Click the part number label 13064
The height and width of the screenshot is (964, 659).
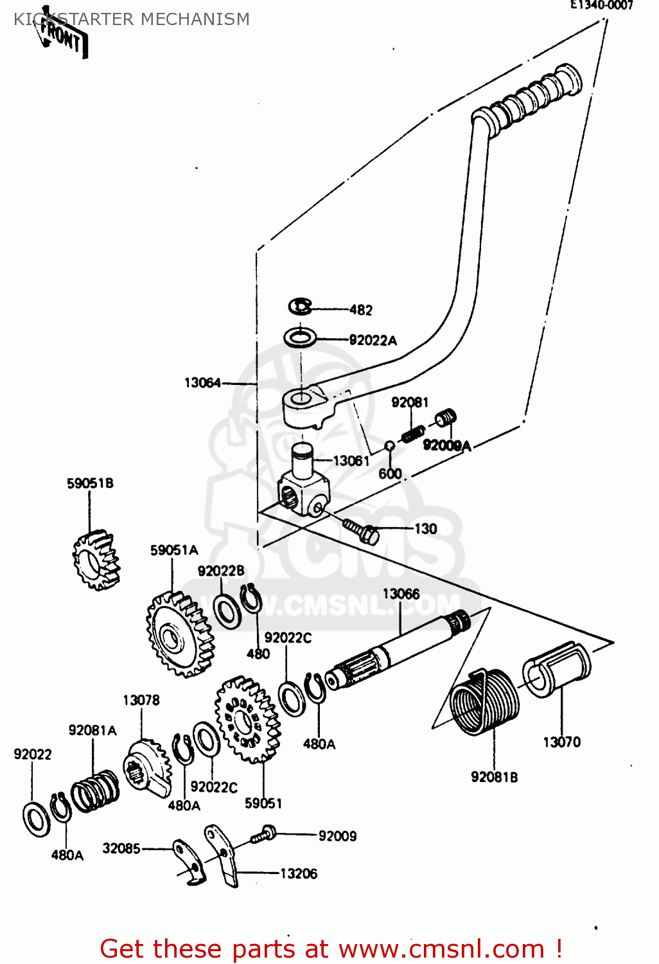pos(202,383)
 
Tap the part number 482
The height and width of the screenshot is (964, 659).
pos(361,310)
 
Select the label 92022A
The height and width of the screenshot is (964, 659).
pos(373,341)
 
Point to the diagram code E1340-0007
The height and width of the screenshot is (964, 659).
pos(602,6)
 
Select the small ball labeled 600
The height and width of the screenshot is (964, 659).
pos(389,446)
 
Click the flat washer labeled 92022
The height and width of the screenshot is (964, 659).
pos(36,819)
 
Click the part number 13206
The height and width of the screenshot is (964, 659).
pos(299,873)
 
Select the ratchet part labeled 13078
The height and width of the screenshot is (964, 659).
pos(147,768)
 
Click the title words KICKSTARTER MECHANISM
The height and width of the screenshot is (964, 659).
pos(132,19)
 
